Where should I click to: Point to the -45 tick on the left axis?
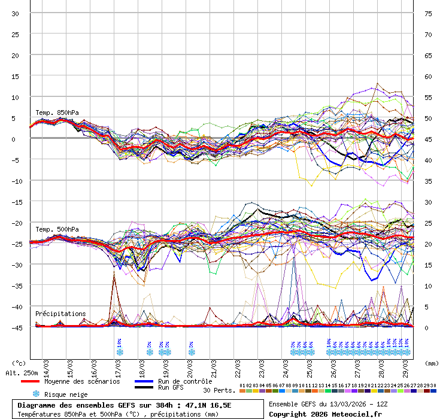pyautogui.click(x=16, y=327)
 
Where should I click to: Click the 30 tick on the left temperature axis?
pyautogui.click(x=16, y=14)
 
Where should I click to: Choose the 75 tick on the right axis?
pyautogui.click(x=428, y=14)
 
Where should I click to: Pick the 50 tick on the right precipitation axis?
pyautogui.click(x=428, y=119)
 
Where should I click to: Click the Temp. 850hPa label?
pyautogui.click(x=57, y=113)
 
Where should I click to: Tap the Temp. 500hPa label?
pyautogui.click(x=57, y=229)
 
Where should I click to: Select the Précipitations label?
pyautogui.click(x=60, y=314)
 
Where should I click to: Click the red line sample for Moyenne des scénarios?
pyautogui.click(x=38, y=381)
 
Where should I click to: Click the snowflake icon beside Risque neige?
pyautogui.click(x=36, y=394)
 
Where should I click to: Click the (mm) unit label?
pyautogui.click(x=431, y=363)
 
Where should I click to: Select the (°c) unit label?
pyautogui.click(x=19, y=363)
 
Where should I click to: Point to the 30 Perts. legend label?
pyautogui.click(x=220, y=390)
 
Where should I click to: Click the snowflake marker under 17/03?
pyautogui.click(x=120, y=352)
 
